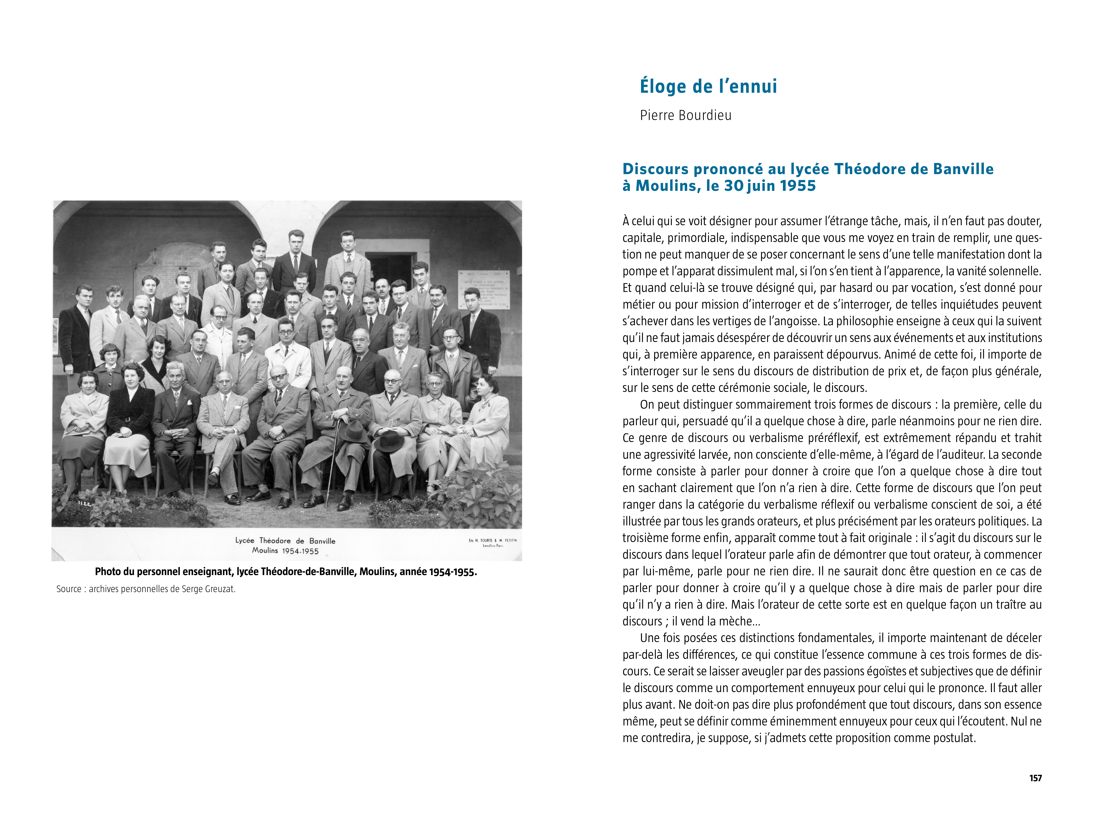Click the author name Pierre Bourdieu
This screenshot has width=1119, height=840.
[685, 115]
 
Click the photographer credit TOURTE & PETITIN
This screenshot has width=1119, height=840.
[492, 540]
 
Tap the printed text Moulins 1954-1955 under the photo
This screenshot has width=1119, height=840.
[285, 551]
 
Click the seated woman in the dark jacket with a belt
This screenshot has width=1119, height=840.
[131, 415]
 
